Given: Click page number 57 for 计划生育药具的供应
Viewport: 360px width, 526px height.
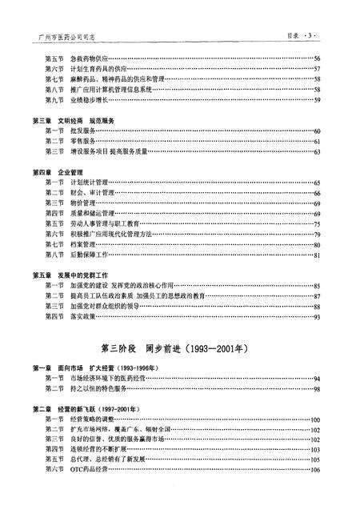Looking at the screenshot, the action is pyautogui.click(x=318, y=69).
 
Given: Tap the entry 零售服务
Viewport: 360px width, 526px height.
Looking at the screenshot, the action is pyautogui.click(x=82, y=140).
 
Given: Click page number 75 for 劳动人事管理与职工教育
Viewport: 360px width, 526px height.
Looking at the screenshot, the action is pyautogui.click(x=318, y=223).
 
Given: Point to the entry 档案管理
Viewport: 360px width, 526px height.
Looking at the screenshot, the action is pyautogui.click(x=82, y=243).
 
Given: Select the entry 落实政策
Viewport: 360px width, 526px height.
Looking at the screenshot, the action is pyautogui.click(x=82, y=316).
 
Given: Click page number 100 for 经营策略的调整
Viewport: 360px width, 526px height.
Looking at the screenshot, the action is pyautogui.click(x=316, y=419).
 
